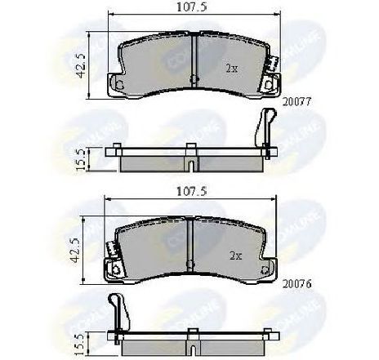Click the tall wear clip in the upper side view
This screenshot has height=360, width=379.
pyautogui.click(x=265, y=130)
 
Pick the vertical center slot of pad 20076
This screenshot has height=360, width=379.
pyautogui.click(x=189, y=246)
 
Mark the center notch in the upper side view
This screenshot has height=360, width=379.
pyautogui.click(x=189, y=167)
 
